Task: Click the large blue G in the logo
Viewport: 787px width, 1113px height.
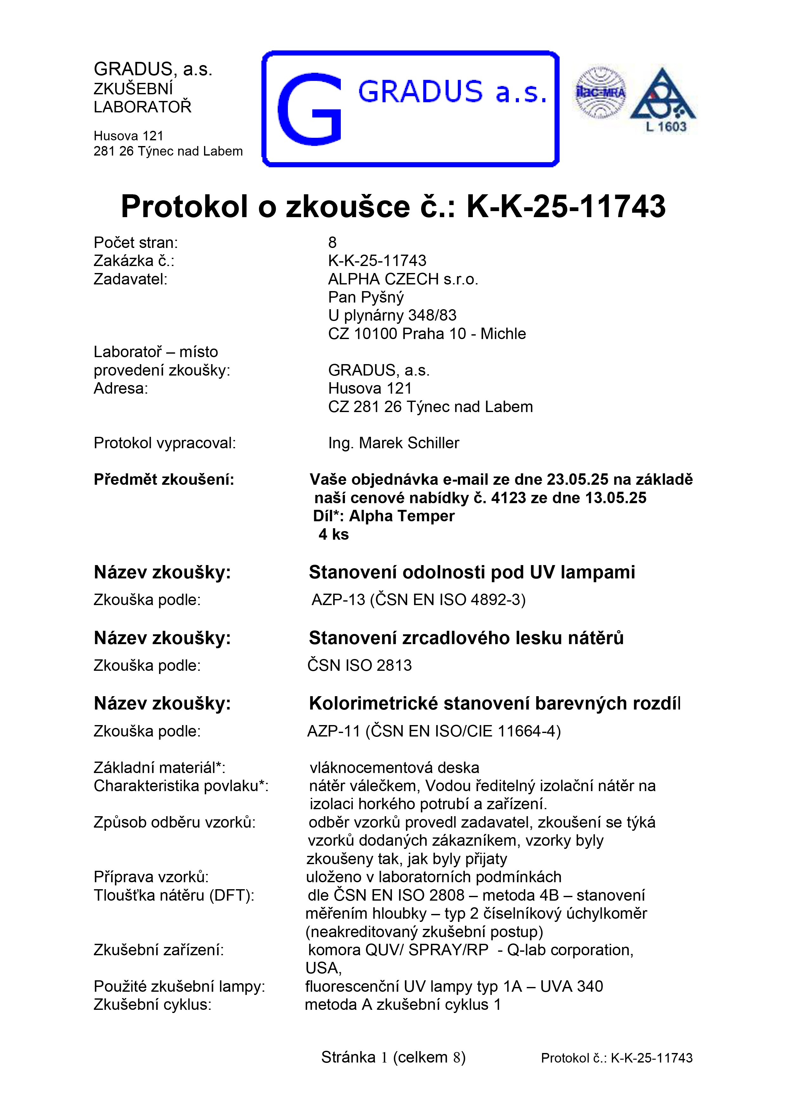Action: tap(309, 109)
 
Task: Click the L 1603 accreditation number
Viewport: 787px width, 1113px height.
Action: tap(666, 127)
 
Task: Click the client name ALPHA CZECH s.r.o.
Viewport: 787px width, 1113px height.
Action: tap(403, 279)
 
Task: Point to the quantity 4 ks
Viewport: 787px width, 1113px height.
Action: tap(334, 534)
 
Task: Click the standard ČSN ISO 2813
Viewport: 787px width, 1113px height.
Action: tap(359, 665)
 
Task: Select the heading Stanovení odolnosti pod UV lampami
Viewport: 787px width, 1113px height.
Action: tap(472, 572)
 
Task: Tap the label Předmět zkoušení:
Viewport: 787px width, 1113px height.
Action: tap(164, 479)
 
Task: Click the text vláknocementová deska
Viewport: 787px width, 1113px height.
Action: tap(394, 767)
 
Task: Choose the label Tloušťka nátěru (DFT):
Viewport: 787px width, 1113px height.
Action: tap(174, 895)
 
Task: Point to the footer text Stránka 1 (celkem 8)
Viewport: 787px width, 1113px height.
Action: tap(393, 1057)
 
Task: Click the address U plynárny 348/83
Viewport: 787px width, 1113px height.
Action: tap(392, 316)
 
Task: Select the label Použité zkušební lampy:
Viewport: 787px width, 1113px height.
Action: tap(179, 986)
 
